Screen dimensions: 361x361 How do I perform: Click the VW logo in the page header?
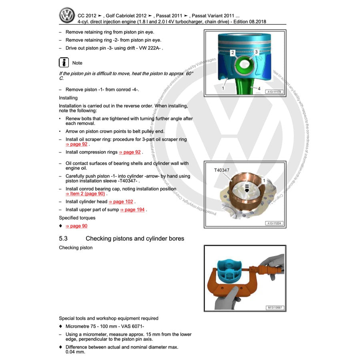point(67,15)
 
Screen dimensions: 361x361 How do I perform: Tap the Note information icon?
point(64,63)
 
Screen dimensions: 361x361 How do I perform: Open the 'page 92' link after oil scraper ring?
point(76,144)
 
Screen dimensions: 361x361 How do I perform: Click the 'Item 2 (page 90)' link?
point(85,194)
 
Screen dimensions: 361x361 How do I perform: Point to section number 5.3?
point(63,239)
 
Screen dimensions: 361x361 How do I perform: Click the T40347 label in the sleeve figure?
point(222,170)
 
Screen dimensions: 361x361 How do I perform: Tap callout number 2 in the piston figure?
point(233,52)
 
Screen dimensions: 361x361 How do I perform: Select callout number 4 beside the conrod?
point(259,88)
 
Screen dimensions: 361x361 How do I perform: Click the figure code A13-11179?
point(274,92)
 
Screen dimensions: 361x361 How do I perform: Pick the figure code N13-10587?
point(274,308)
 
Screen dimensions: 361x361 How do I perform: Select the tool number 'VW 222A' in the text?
point(150,48)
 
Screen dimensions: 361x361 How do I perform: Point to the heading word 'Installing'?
point(68,98)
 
